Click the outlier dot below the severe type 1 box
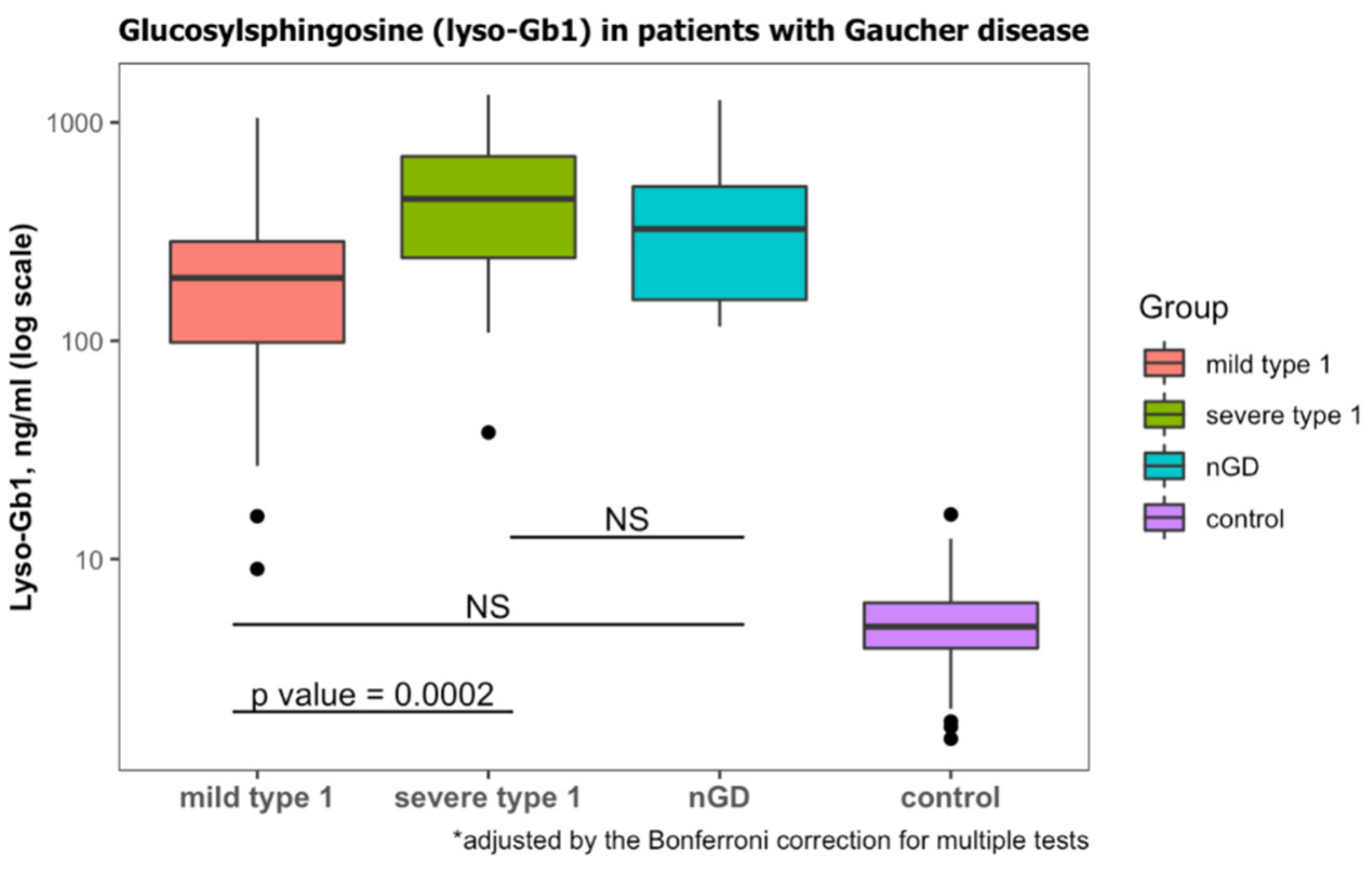(488, 432)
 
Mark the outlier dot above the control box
(951, 515)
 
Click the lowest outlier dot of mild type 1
(257, 569)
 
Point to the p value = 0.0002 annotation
(372, 695)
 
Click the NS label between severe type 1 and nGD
(627, 520)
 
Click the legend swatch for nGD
(1164, 466)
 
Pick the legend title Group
(1184, 308)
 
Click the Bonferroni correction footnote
(770, 841)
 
